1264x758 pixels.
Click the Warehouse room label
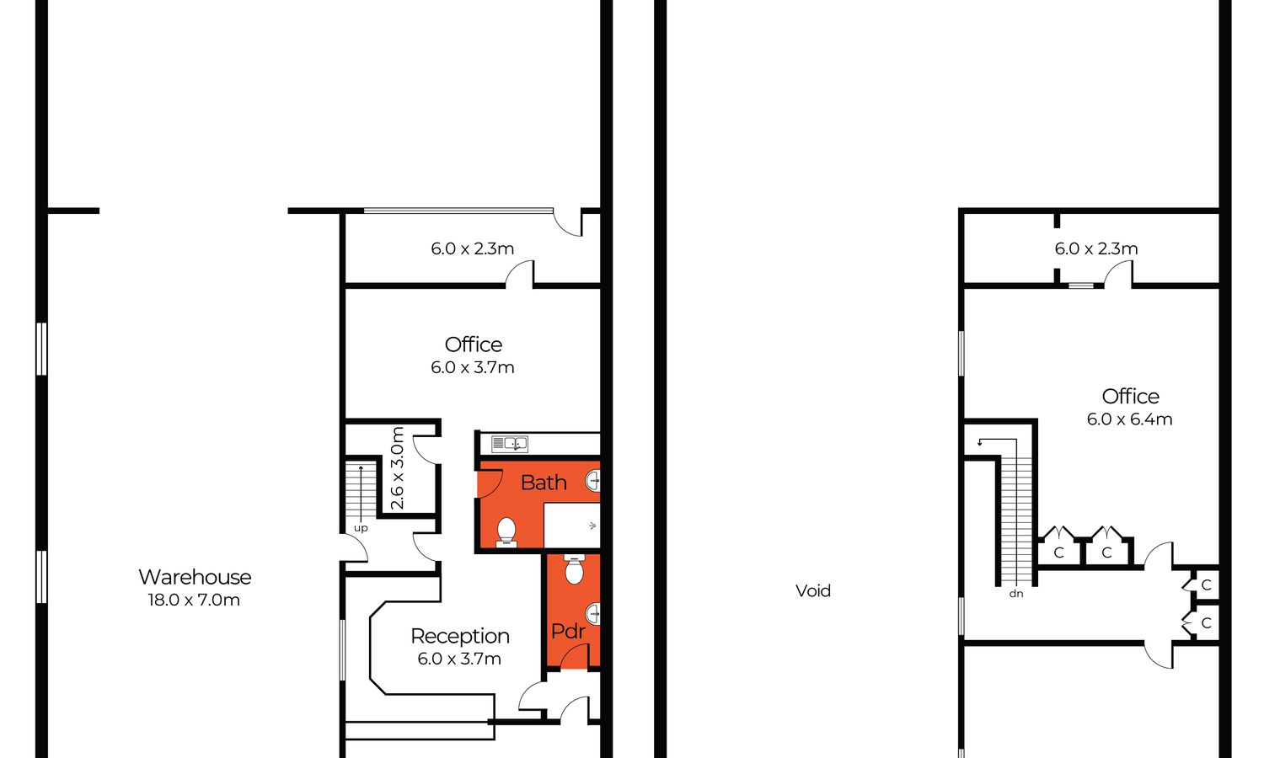tap(195, 577)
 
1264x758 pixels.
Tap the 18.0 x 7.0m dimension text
tap(194, 600)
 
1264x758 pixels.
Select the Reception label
tap(460, 636)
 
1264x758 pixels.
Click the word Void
tap(813, 590)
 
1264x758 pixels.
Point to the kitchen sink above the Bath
tap(510, 444)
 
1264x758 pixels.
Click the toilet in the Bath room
tap(506, 532)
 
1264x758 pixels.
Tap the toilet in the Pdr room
tap(575, 568)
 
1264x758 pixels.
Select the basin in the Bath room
tap(593, 481)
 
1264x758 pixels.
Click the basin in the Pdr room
tap(593, 614)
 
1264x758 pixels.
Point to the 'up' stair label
tap(361, 528)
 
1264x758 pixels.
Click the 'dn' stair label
tap(1016, 593)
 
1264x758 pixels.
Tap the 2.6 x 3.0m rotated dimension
tap(397, 468)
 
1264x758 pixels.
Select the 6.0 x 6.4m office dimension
tap(1130, 419)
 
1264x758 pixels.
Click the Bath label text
tap(544, 483)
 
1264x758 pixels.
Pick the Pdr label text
tap(568, 631)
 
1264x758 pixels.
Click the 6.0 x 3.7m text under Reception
tap(459, 659)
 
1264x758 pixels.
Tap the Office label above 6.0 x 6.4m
tap(1130, 397)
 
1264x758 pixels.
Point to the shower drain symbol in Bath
tap(592, 526)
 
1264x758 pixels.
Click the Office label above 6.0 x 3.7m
tap(474, 344)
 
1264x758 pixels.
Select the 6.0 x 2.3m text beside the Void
tap(1096, 248)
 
